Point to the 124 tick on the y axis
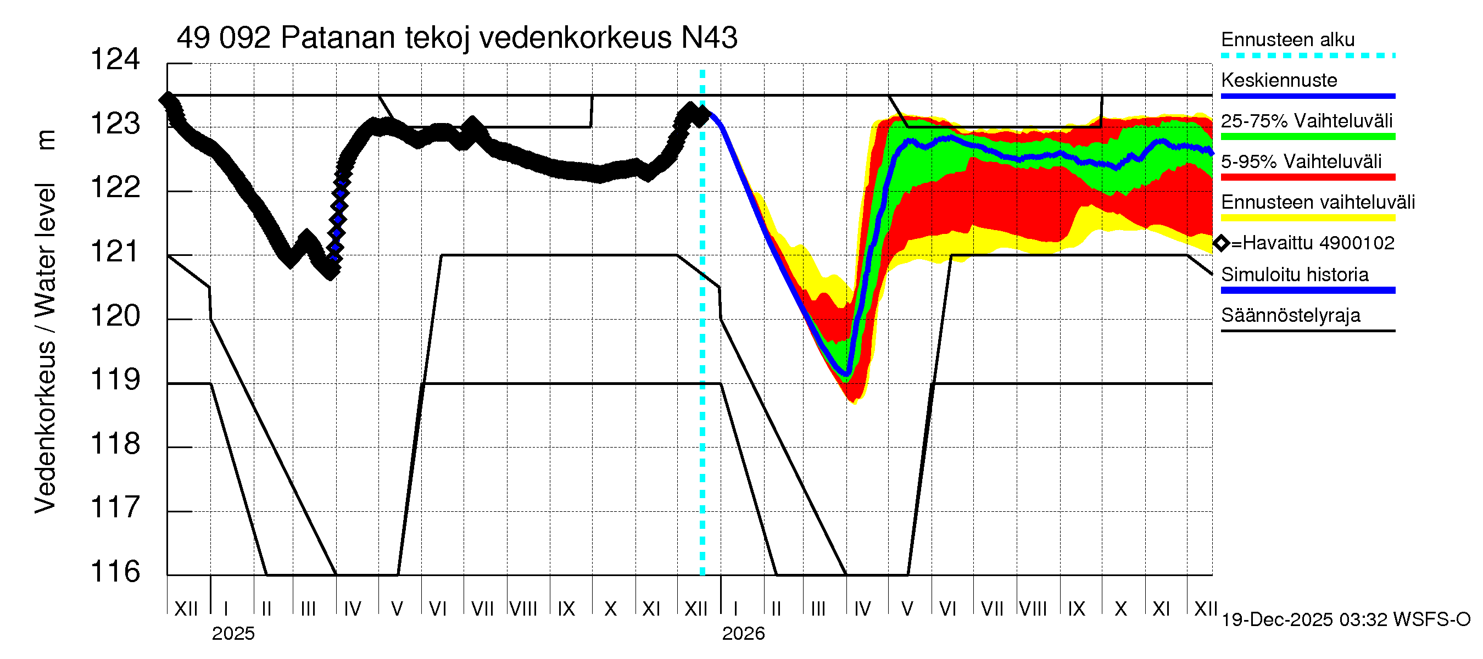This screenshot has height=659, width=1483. [x=115, y=59]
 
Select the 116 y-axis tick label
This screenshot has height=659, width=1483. [x=115, y=572]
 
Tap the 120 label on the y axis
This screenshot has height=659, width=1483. [x=115, y=316]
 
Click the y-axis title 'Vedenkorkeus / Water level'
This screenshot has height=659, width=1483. [x=45, y=348]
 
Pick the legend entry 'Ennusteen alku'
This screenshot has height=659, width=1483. [x=1287, y=40]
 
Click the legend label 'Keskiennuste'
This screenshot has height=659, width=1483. [x=1279, y=80]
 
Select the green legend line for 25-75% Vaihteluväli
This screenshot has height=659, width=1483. [x=1307, y=137]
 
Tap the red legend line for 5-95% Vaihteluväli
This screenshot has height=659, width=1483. [x=1307, y=177]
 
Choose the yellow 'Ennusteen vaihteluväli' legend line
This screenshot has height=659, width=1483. [x=1307, y=218]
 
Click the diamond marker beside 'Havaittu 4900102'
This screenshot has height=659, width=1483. [x=1221, y=243]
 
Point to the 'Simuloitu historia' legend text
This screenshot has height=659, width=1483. [x=1294, y=275]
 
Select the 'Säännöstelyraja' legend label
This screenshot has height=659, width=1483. [x=1290, y=315]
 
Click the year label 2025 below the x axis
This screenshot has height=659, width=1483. [x=232, y=634]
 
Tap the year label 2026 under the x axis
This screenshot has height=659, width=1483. [x=743, y=634]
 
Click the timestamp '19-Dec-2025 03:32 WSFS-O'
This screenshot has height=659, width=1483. [x=1345, y=620]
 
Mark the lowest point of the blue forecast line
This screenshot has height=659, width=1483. [x=846, y=374]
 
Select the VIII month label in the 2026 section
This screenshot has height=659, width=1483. [x=1033, y=609]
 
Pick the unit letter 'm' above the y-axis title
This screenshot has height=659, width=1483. [x=46, y=140]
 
